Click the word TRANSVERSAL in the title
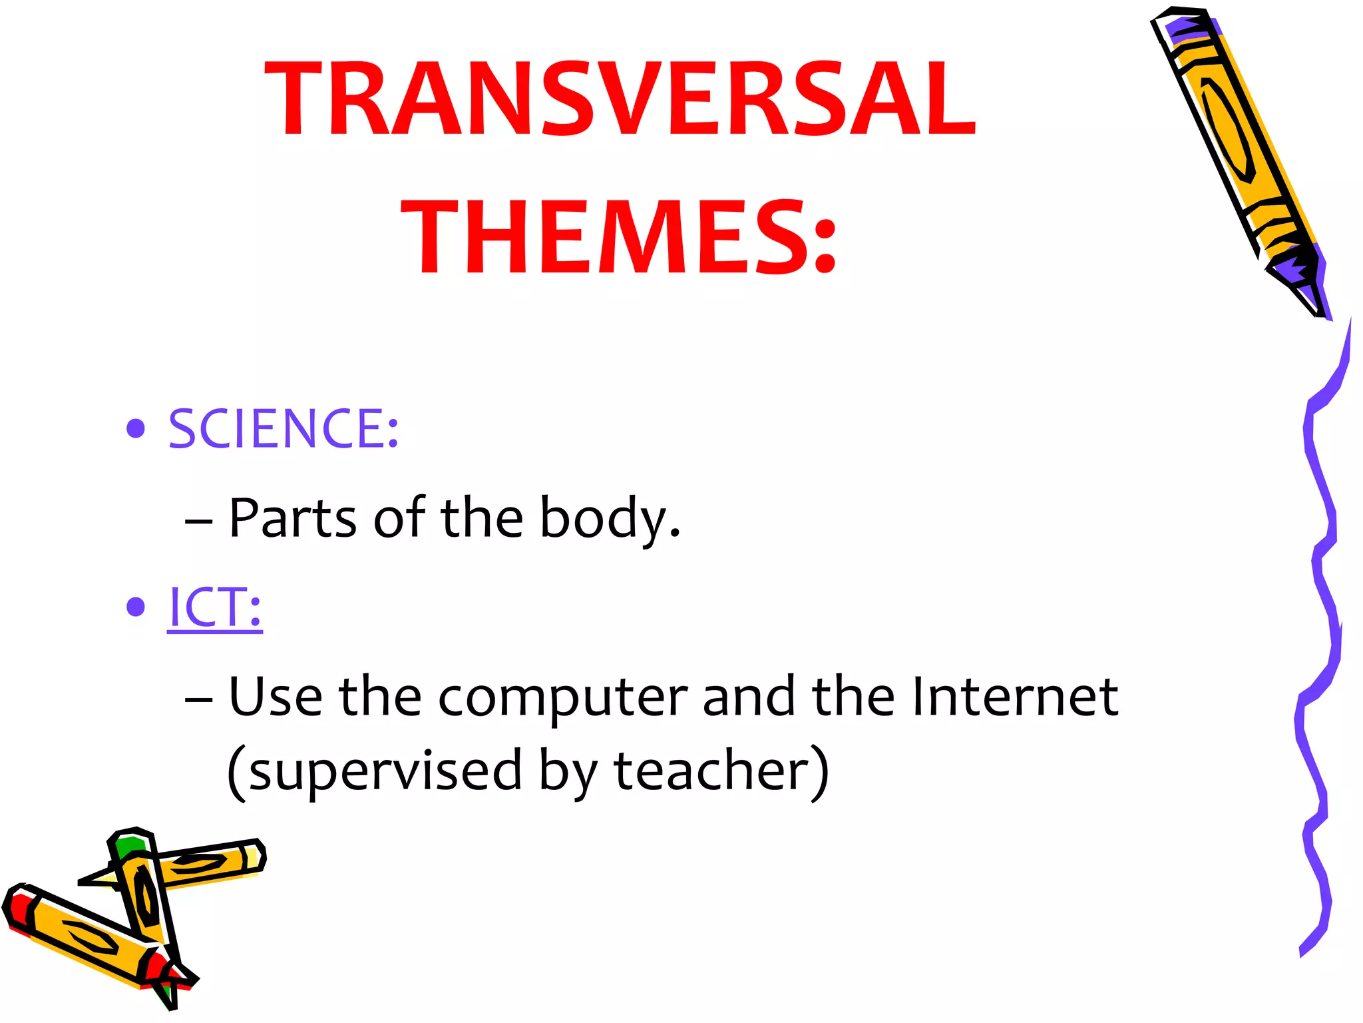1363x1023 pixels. click(x=620, y=100)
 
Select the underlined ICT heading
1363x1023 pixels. click(x=214, y=607)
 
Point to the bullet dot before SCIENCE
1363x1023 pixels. click(x=136, y=429)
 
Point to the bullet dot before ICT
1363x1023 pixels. click(x=136, y=607)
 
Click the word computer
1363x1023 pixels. click(x=562, y=698)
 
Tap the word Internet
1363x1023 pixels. click(x=1015, y=697)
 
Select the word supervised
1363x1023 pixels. click(x=385, y=771)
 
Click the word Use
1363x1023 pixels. click(x=276, y=697)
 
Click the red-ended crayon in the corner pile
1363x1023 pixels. click(x=80, y=932)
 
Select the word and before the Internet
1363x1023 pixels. click(x=749, y=697)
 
